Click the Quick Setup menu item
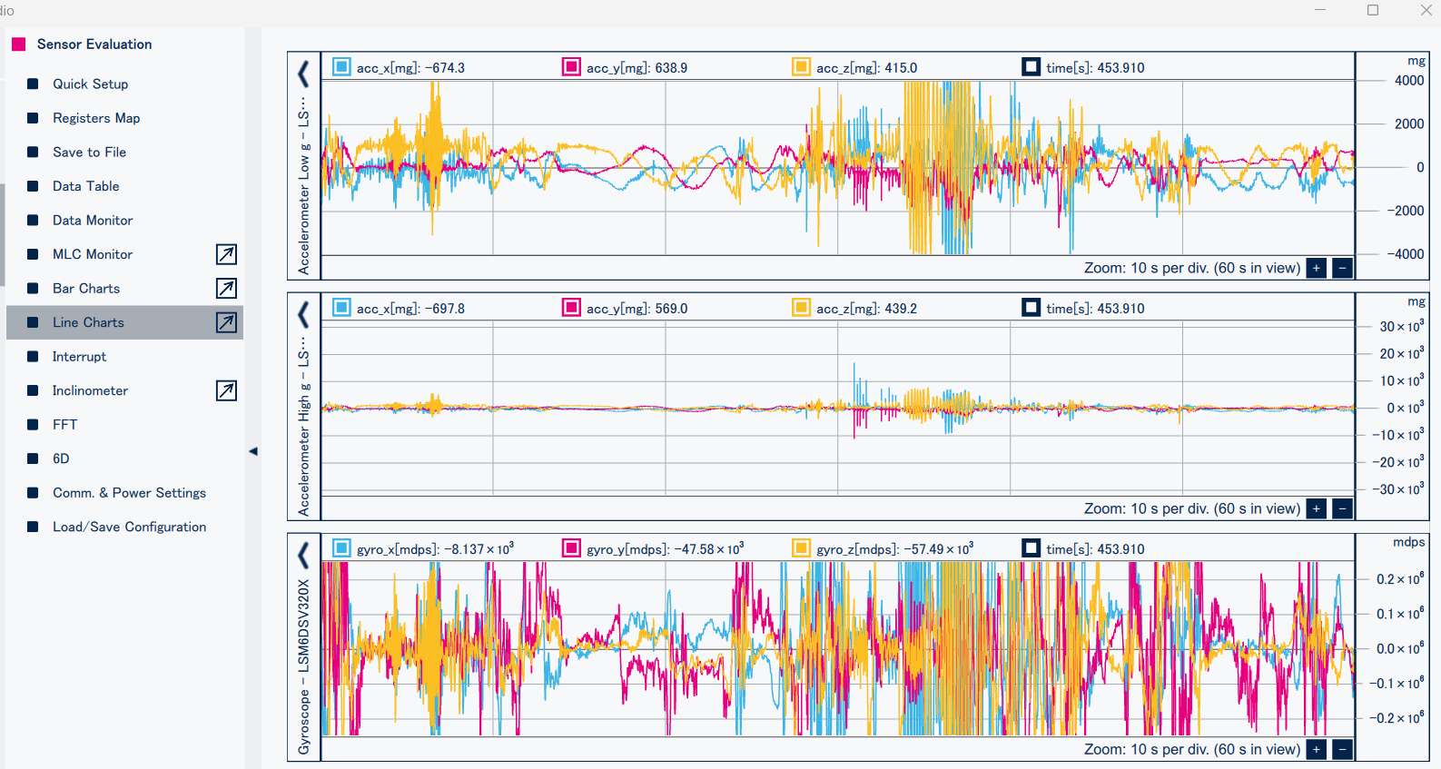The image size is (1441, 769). click(x=90, y=84)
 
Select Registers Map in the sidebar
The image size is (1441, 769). click(x=95, y=118)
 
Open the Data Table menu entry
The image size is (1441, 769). click(x=85, y=186)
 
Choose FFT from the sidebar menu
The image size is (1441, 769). click(x=64, y=424)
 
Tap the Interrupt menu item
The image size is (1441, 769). click(x=79, y=357)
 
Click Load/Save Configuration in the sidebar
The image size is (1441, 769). click(x=129, y=527)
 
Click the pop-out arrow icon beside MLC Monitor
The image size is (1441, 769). click(x=226, y=254)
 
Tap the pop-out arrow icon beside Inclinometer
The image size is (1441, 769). click(x=226, y=390)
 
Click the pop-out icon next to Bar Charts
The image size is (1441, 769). click(x=226, y=288)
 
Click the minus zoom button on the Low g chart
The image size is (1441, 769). click(x=1342, y=268)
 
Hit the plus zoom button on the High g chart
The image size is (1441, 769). click(x=1317, y=508)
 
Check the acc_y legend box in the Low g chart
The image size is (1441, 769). click(x=571, y=67)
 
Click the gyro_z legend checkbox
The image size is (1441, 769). click(x=801, y=548)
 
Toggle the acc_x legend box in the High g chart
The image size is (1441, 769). click(x=341, y=308)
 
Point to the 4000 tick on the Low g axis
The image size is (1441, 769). click(x=1408, y=81)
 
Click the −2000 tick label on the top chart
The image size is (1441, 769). click(x=1405, y=211)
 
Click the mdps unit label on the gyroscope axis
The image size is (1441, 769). click(x=1409, y=542)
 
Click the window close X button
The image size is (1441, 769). click(x=1426, y=10)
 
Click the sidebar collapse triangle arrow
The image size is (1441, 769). click(x=253, y=451)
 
